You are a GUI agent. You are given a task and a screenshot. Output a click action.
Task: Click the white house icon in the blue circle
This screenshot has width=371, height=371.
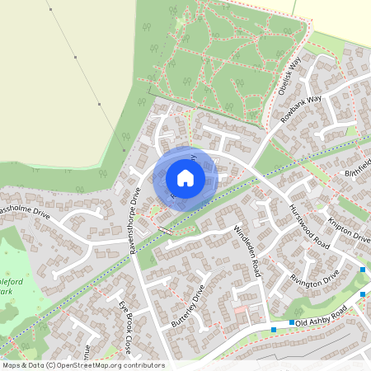click(185, 177)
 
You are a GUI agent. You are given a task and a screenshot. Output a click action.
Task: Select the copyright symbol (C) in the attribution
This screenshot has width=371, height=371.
click(50, 365)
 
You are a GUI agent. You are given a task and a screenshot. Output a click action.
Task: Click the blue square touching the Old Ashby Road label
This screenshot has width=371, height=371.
click(292, 323)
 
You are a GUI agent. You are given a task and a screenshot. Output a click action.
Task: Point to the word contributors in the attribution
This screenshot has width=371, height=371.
click(145, 365)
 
